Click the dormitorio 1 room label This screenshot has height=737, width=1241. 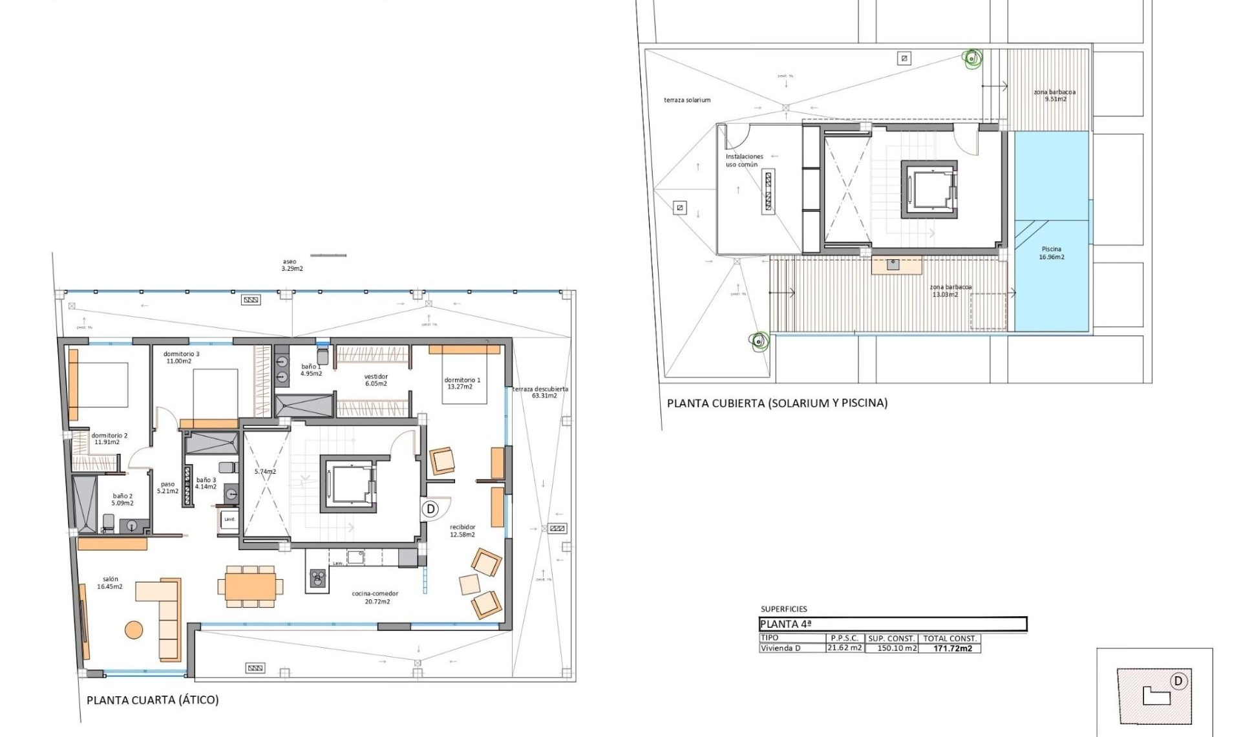click(461, 383)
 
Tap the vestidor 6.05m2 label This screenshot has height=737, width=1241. click(376, 380)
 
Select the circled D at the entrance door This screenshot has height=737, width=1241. click(430, 509)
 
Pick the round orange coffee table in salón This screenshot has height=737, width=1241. click(134, 630)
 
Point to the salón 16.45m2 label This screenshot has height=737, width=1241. click(110, 583)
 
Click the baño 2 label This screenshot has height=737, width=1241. click(122, 499)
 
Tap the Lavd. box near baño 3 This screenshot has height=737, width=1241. click(229, 519)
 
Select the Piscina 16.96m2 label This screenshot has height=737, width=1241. click(1051, 253)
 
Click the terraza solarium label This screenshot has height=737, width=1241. click(686, 100)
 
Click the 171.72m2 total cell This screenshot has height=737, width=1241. click(952, 648)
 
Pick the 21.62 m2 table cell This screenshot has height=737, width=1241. click(844, 648)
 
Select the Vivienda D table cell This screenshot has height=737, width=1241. click(780, 648)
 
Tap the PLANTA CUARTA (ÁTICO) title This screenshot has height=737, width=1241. click(153, 700)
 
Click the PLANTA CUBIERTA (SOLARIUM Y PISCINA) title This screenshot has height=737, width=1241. click(777, 403)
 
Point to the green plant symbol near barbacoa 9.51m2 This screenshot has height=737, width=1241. click(971, 59)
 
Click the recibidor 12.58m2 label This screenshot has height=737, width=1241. click(462, 531)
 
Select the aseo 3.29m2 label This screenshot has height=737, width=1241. click(291, 265)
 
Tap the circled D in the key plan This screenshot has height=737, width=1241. click(1178, 681)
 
